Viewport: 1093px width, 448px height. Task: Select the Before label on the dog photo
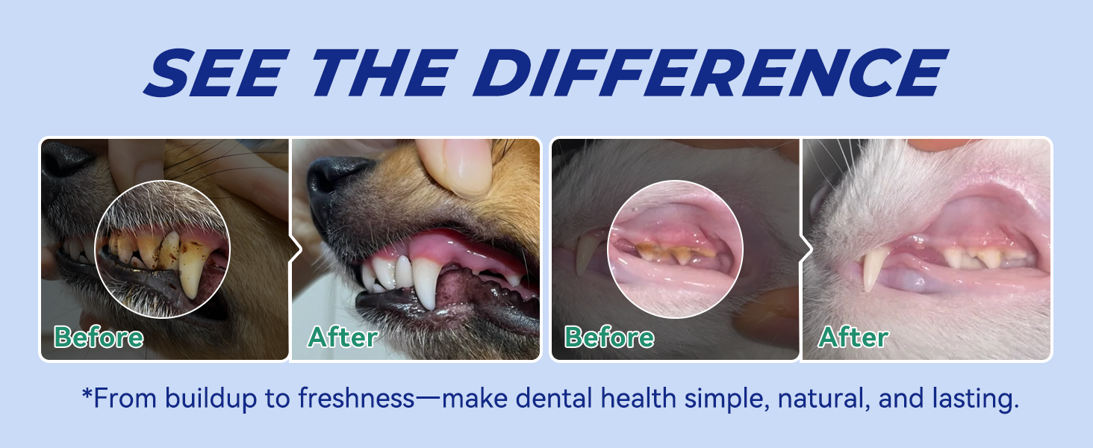point(99,337)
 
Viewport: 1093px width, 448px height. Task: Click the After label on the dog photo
point(343,337)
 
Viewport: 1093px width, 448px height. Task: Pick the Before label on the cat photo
point(609,337)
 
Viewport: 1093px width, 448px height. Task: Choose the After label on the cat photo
point(853,337)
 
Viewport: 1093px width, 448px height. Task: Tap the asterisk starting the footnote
point(87,394)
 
